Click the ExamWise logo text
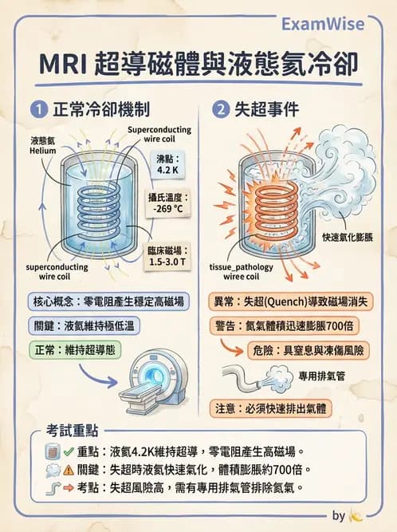click(x=336, y=23)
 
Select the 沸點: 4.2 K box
click(x=168, y=164)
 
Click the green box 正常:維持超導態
click(x=74, y=350)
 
